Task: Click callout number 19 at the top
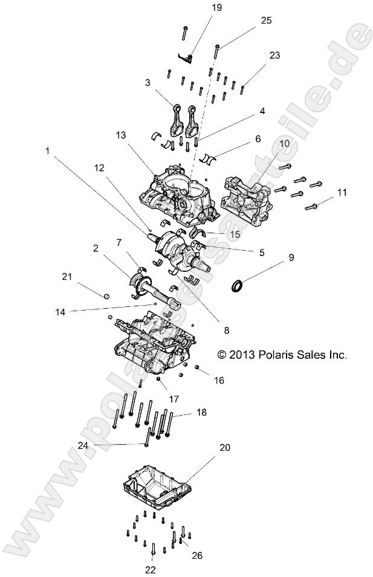pos(199,7)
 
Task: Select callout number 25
pos(266,21)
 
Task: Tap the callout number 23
pos(274,55)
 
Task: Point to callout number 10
pos(284,145)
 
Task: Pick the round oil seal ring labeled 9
pos(240,285)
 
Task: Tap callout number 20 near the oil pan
pos(225,448)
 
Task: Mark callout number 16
pos(219,380)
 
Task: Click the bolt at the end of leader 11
pos(311,207)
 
